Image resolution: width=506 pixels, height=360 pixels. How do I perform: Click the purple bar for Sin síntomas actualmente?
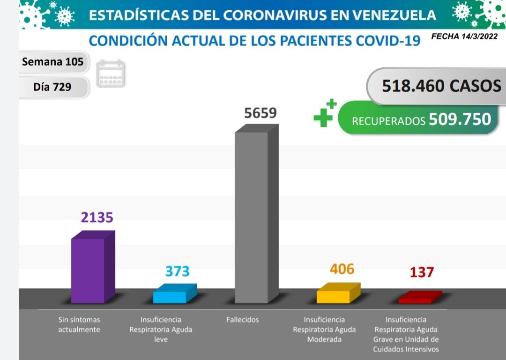pos(88,270)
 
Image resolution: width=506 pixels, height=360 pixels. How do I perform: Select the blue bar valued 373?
pos(170,297)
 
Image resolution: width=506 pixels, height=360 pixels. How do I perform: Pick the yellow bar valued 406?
pos(334,296)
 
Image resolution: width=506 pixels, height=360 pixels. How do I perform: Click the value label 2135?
pos(97,218)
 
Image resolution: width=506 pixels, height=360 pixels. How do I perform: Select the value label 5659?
pos(261,113)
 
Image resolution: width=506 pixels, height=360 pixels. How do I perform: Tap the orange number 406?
pos(342,269)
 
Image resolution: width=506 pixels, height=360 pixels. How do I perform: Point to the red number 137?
pos(422,272)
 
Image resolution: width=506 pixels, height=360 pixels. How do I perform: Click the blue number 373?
pos(177,271)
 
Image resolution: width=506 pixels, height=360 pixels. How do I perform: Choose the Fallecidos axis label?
pos(242,320)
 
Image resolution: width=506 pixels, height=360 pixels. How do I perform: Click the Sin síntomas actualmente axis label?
pos(79,324)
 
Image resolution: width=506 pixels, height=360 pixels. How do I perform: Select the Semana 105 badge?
pos(53,62)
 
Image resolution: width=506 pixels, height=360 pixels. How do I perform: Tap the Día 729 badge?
pos(52,87)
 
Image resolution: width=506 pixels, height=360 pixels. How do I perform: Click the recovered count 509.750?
pos(460,119)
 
